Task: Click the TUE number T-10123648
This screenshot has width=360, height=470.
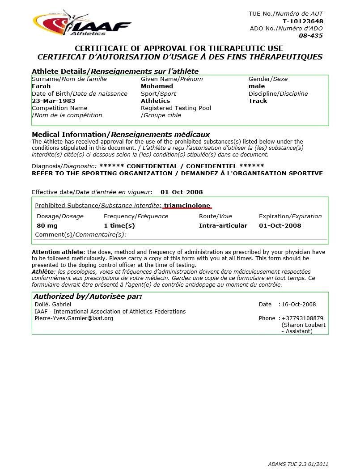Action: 303,21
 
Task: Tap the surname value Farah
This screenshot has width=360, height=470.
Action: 41,86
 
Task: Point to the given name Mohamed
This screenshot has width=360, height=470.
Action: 157,86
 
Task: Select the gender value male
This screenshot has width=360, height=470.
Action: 257,86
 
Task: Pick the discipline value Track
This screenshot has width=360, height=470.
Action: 258,101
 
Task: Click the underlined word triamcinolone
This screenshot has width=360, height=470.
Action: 187,206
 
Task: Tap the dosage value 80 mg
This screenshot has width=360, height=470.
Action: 47,226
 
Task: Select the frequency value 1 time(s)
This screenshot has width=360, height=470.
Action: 119,226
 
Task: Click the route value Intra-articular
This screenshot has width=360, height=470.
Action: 223,226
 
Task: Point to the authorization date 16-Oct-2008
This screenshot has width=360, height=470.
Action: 299,305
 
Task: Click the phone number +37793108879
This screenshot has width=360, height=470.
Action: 302,318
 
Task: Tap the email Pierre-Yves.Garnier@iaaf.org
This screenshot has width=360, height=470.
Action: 74,318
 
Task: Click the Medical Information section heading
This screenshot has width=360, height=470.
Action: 121,135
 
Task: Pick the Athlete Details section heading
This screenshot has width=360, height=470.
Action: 115,72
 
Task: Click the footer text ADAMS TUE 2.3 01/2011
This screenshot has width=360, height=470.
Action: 298,464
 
